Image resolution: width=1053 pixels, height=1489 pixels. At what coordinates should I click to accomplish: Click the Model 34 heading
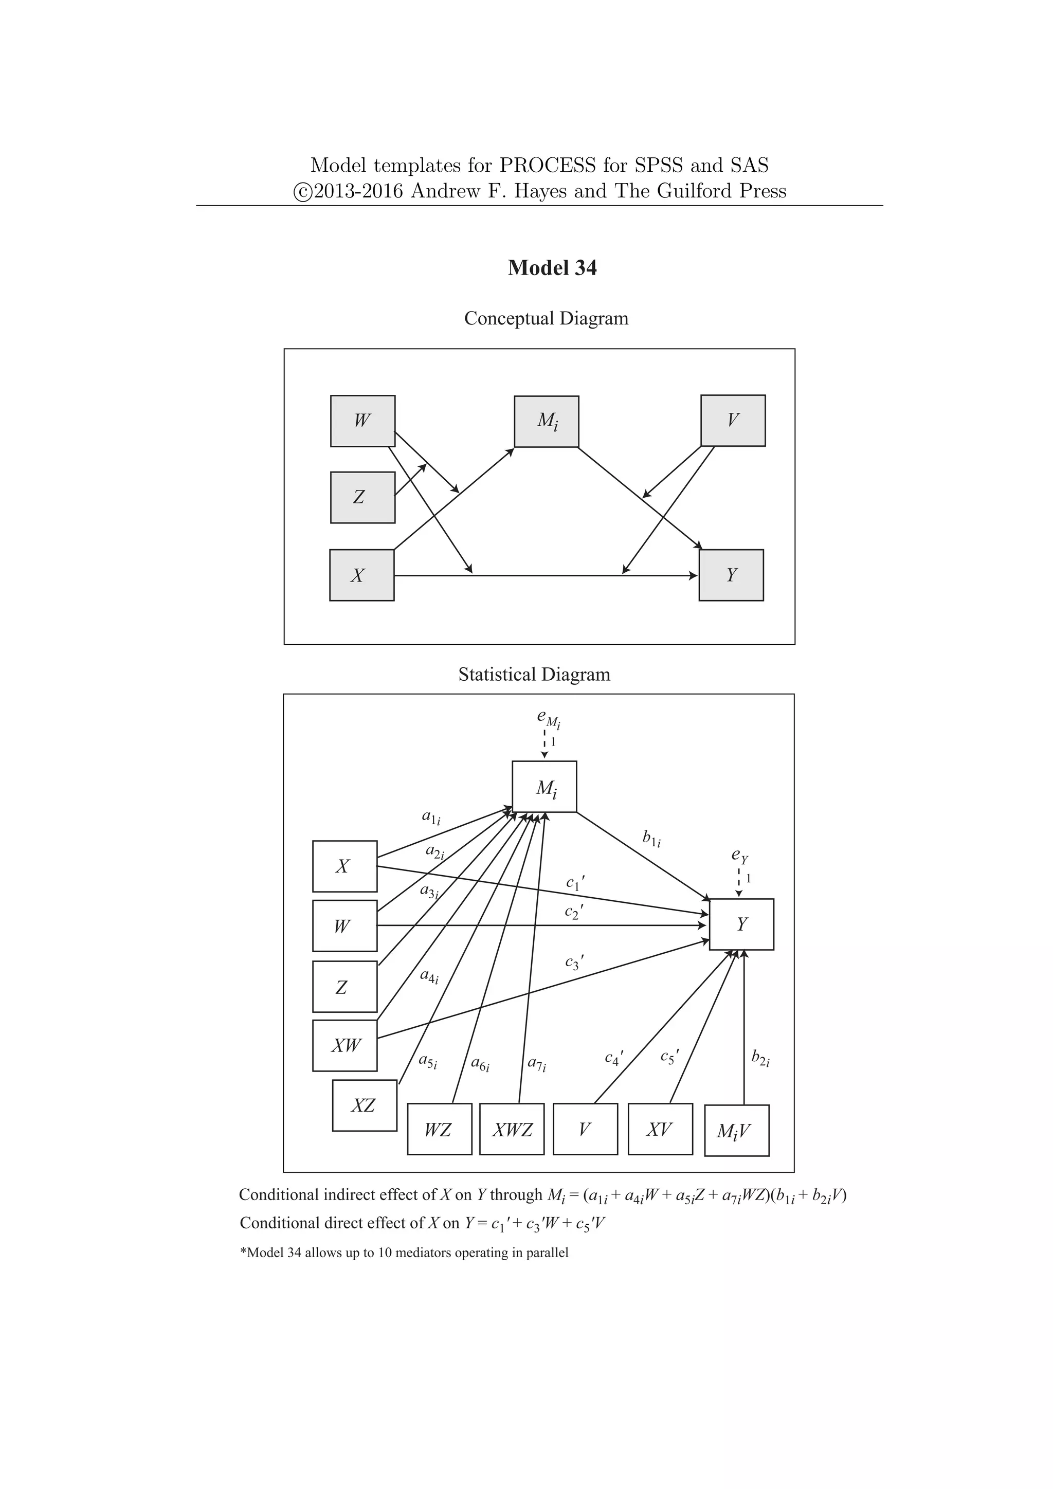click(x=552, y=268)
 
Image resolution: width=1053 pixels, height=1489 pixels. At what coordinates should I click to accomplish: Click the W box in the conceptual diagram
click(x=362, y=421)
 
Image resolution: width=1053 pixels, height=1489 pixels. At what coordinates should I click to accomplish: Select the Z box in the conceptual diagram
click(x=362, y=497)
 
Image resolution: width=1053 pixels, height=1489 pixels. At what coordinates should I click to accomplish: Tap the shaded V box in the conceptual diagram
click(x=733, y=420)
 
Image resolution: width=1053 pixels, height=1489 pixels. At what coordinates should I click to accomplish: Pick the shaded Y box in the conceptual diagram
click(x=731, y=575)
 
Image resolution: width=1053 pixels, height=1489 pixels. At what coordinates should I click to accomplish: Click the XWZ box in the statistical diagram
click(x=512, y=1130)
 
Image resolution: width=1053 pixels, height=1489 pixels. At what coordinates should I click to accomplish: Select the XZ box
click(x=365, y=1106)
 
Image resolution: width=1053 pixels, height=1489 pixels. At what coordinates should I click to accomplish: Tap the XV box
click(x=660, y=1129)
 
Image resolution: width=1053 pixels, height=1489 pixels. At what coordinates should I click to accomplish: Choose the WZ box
click(x=439, y=1130)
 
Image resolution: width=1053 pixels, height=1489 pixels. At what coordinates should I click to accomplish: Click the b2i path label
click(x=760, y=1058)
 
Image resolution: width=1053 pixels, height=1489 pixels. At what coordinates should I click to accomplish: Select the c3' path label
click(x=574, y=963)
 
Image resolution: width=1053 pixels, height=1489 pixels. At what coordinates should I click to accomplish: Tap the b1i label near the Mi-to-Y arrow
click(x=651, y=839)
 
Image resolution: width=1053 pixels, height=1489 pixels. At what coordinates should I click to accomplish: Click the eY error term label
click(x=739, y=856)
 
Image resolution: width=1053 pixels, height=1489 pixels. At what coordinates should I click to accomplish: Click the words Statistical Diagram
click(x=534, y=675)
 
